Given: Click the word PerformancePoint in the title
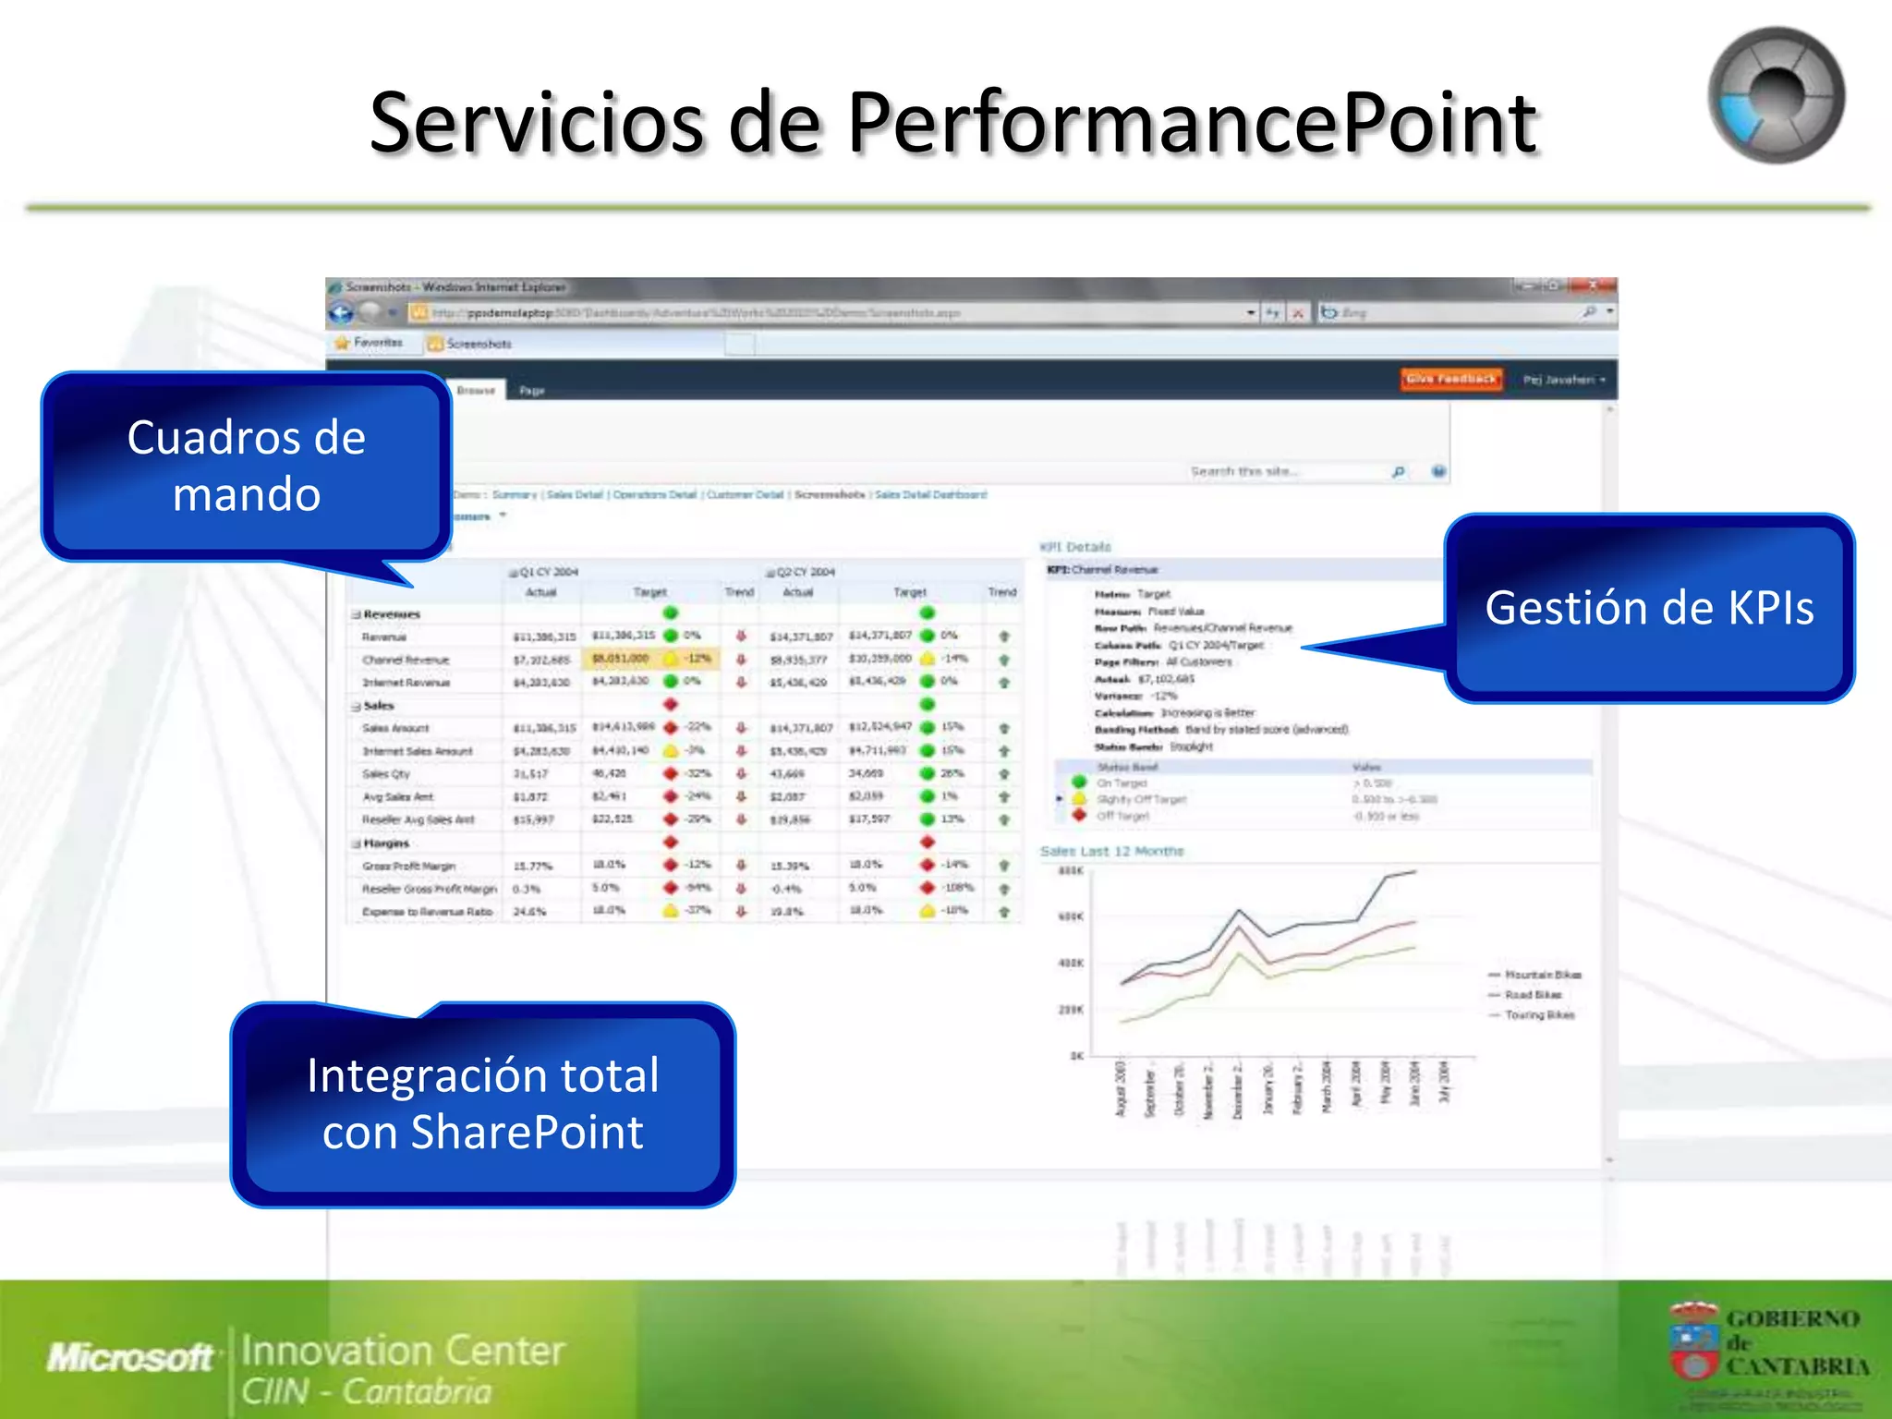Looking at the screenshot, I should click(1192, 124).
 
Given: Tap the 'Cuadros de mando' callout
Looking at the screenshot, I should click(246, 466).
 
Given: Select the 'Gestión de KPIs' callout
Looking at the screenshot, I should click(1649, 608).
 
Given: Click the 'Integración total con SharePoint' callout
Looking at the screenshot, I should click(482, 1104).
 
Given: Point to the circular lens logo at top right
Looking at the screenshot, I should click(1776, 95).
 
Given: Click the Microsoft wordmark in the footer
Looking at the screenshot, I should click(130, 1357).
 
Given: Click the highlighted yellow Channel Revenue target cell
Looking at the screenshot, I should click(621, 659).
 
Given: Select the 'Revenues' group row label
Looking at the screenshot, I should click(392, 614).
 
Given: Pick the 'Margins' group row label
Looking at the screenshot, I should click(386, 843).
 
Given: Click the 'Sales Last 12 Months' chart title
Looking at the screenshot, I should click(1111, 851).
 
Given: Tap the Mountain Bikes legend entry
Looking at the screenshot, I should click(1542, 975).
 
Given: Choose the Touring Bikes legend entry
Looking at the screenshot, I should click(1539, 1015).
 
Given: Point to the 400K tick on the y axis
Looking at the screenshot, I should click(1071, 963).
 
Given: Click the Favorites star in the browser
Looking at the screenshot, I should click(343, 343).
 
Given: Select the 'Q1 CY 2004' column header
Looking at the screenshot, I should click(548, 572).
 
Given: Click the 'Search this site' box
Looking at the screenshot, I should click(1289, 472).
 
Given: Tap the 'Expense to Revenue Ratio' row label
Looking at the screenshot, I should click(428, 912).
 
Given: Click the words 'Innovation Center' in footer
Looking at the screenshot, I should click(403, 1351).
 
